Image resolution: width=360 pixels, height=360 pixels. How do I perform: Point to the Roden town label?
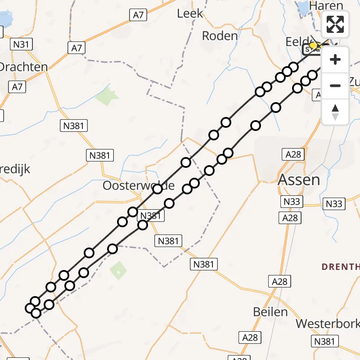pos(220,36)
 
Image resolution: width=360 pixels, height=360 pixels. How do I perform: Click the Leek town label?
pos(190,14)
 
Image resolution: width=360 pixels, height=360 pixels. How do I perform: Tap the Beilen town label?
pos(270,312)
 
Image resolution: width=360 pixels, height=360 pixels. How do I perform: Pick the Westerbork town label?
pos(328,324)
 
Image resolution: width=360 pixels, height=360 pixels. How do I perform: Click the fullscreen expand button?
pos(335,24)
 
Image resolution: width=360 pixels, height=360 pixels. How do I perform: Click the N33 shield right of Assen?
pos(334,204)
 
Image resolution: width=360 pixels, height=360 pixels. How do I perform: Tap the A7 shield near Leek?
pos(138,15)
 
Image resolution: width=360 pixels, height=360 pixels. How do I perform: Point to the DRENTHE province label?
pos(341,267)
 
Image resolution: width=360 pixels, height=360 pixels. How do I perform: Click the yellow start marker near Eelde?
pos(313,45)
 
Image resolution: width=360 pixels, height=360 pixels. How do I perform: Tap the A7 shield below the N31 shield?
pos(17,87)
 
